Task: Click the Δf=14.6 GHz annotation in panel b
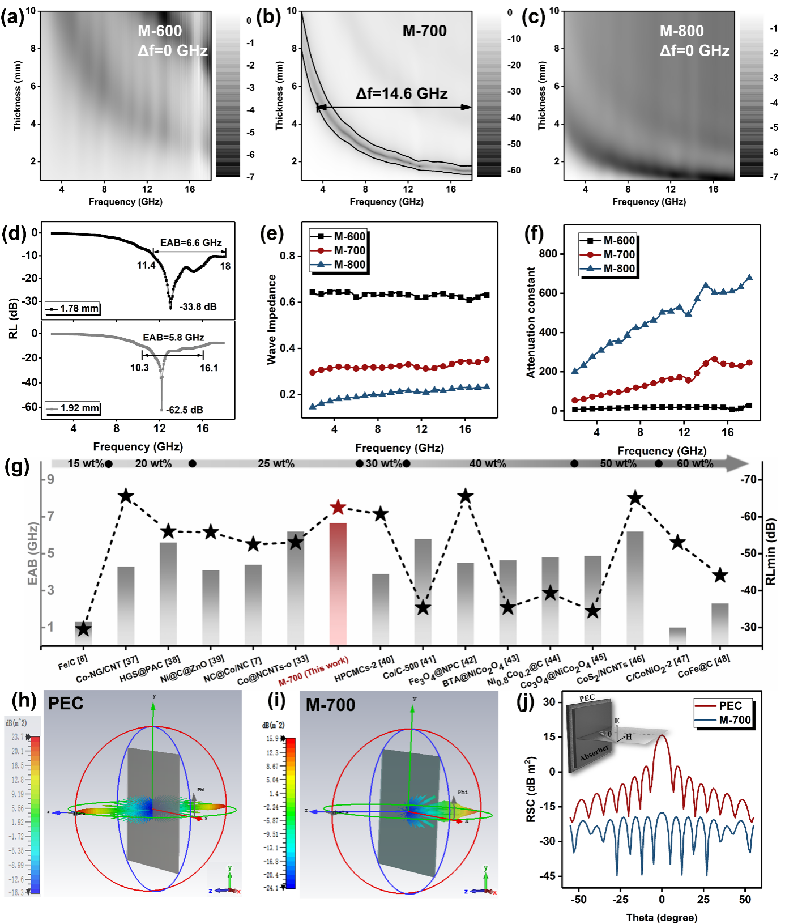[x=402, y=93]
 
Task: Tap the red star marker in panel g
[x=338, y=507]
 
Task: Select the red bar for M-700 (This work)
[x=338, y=584]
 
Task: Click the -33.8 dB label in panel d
[x=198, y=307]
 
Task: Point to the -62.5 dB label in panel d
[x=185, y=410]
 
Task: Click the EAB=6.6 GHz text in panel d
[x=191, y=243]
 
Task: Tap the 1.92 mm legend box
[x=74, y=408]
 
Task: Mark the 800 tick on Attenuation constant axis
[x=548, y=254]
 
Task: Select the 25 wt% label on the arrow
[x=276, y=464]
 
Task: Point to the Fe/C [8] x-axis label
[x=74, y=662]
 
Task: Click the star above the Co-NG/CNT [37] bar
[x=126, y=497]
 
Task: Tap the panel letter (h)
[x=23, y=700]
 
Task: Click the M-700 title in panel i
[x=330, y=705]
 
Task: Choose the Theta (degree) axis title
[x=662, y=917]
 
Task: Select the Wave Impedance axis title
[x=272, y=320]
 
